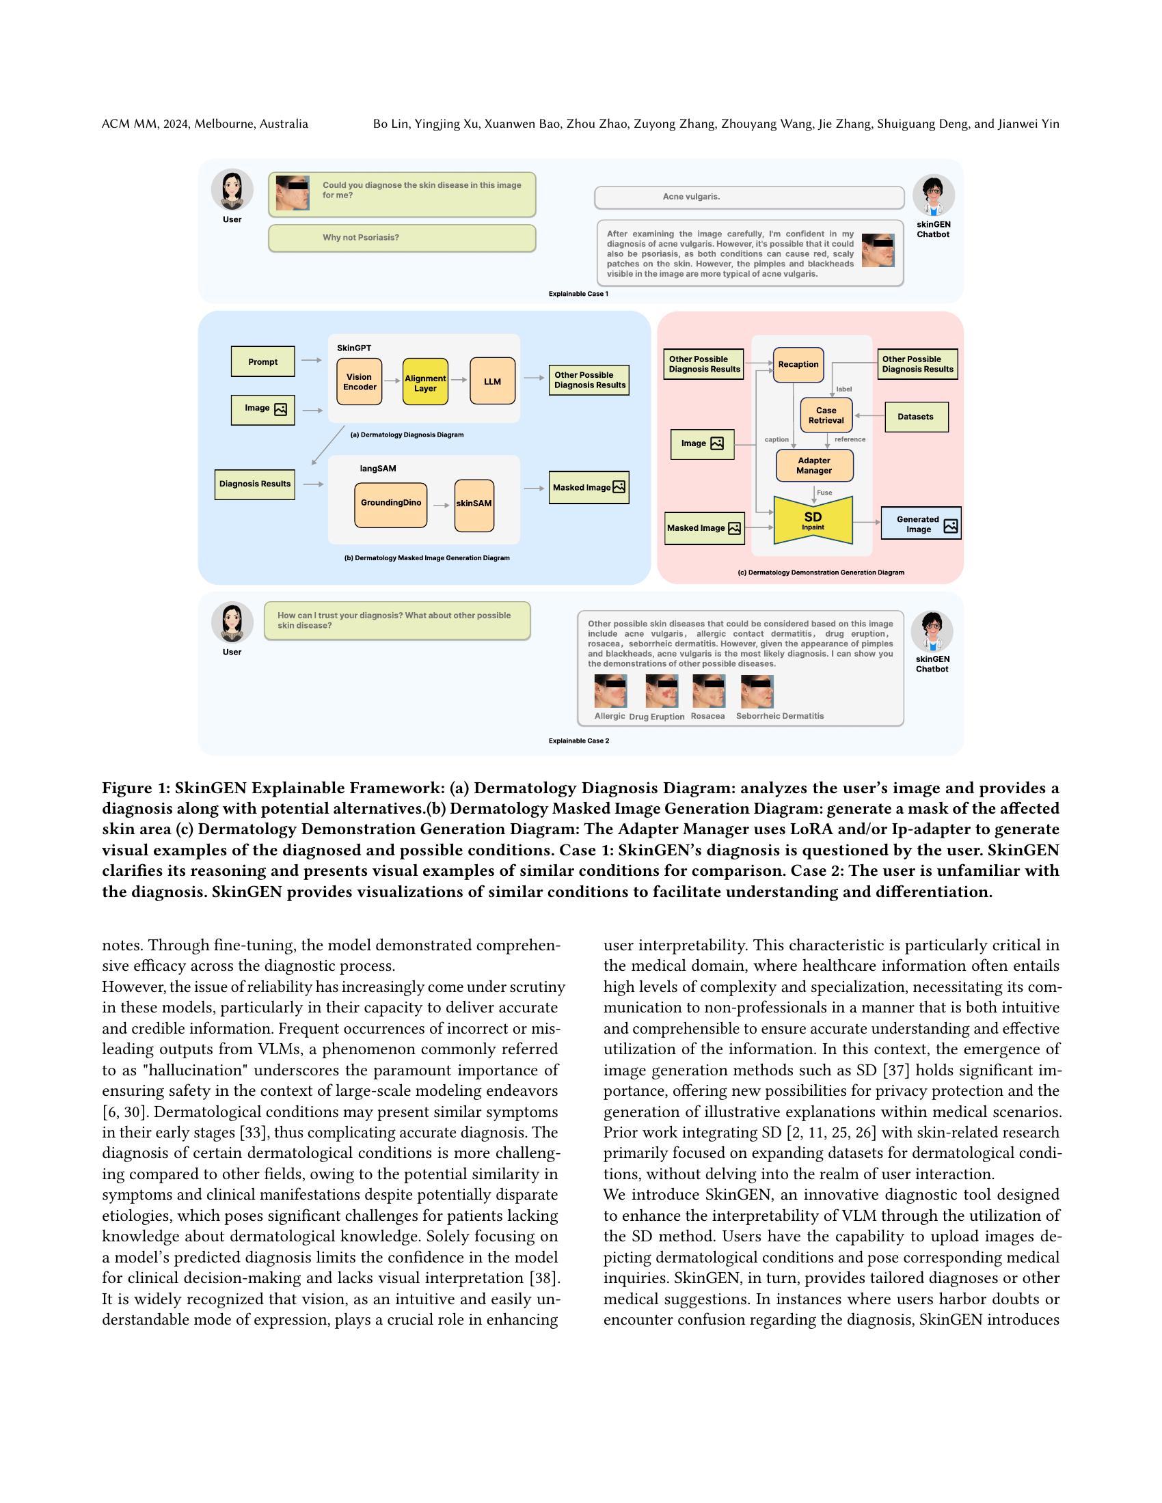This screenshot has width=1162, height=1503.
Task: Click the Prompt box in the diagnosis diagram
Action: point(262,361)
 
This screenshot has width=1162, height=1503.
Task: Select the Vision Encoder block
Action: point(360,381)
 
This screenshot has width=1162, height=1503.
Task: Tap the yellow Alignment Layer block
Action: point(424,382)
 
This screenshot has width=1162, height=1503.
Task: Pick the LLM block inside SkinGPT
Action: point(492,381)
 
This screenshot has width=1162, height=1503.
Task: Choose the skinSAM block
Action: point(474,505)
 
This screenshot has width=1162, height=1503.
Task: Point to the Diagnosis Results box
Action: point(255,484)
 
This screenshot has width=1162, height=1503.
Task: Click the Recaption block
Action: point(798,365)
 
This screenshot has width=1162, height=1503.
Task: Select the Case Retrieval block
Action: point(826,415)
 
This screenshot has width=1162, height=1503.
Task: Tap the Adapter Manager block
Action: point(814,466)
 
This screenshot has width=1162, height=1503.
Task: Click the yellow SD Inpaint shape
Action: point(813,521)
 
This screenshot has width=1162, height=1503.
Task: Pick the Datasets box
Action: point(915,416)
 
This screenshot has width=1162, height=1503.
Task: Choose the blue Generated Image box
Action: point(921,524)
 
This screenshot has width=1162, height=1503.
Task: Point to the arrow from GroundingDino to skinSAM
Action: point(441,505)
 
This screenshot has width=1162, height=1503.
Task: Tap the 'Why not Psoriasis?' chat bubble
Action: point(401,238)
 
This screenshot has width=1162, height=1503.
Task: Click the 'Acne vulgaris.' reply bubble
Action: point(748,197)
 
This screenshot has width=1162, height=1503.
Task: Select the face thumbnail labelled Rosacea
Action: point(708,691)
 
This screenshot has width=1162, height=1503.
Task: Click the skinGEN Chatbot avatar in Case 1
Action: point(933,195)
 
